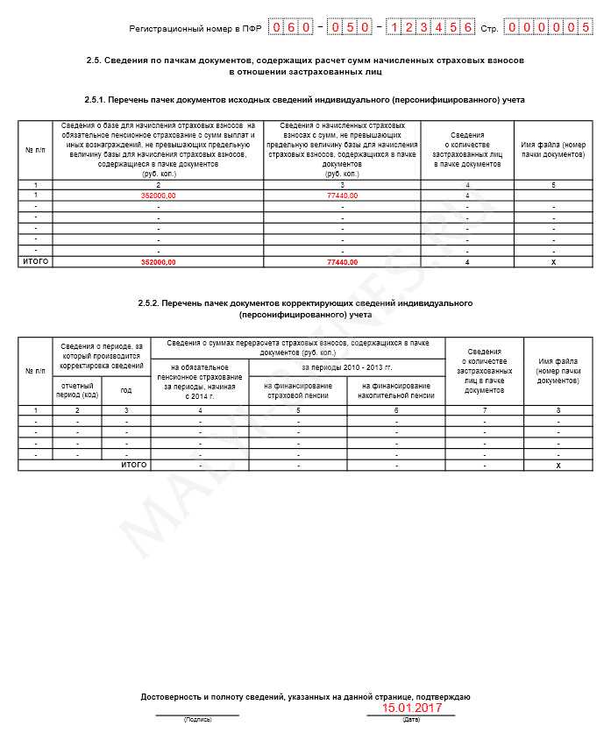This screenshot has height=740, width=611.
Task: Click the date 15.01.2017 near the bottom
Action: click(x=411, y=708)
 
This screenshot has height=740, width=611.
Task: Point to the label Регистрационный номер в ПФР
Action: click(x=194, y=29)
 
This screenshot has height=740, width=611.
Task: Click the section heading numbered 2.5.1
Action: click(x=304, y=100)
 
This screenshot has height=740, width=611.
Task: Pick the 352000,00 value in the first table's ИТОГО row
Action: click(x=158, y=262)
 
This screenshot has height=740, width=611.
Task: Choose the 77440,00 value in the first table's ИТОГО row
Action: click(x=341, y=262)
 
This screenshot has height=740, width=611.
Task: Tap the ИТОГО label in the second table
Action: click(x=133, y=465)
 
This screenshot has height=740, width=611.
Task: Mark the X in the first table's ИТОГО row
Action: click(x=553, y=262)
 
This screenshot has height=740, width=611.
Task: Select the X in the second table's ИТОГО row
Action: click(x=558, y=465)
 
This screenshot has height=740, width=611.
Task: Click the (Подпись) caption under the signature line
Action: click(x=197, y=720)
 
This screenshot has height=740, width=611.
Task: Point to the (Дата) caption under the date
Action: click(x=411, y=720)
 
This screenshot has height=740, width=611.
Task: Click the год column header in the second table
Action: click(x=126, y=390)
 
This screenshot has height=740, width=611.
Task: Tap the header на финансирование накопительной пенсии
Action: click(x=396, y=390)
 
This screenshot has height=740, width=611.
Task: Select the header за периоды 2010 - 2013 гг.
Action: click(x=347, y=366)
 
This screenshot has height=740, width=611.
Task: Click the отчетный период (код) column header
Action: click(x=77, y=390)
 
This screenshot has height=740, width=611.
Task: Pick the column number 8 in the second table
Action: click(x=558, y=410)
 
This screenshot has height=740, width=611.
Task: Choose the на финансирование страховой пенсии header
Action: click(x=298, y=390)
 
